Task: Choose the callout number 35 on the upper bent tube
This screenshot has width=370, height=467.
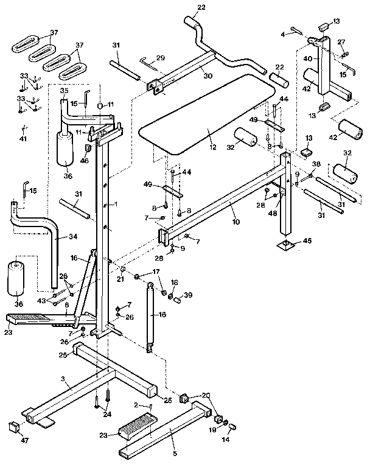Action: pos(64,91)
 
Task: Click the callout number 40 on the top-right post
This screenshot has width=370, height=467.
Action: pos(308,58)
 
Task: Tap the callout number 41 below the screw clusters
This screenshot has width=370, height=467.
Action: pos(23,139)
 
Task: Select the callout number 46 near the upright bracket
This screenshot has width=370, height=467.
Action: pos(85,161)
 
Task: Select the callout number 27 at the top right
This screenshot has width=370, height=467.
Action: pos(342,42)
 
